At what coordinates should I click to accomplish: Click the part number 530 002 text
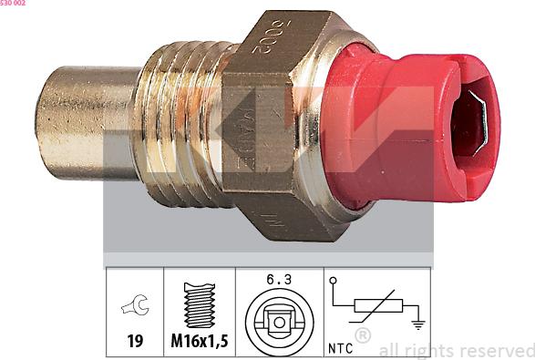[x=13, y=4]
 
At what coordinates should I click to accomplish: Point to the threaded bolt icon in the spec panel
[x=199, y=303]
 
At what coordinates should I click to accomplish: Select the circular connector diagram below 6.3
[x=280, y=321]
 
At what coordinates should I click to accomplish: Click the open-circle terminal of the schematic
[x=333, y=281]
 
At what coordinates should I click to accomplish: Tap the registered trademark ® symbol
[x=363, y=335]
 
